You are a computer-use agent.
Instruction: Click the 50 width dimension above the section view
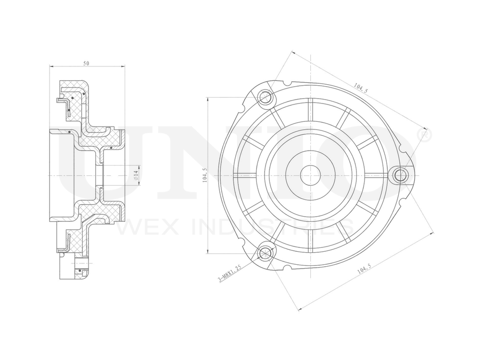click(86, 64)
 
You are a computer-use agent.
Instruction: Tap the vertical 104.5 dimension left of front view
click(205, 175)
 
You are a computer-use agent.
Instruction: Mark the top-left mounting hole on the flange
click(265, 98)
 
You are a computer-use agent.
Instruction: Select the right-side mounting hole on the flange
click(400, 175)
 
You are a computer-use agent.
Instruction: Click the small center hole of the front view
click(310, 175)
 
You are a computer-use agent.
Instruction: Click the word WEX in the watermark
click(141, 227)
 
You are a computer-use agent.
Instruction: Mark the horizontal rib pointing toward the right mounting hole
click(375, 175)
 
